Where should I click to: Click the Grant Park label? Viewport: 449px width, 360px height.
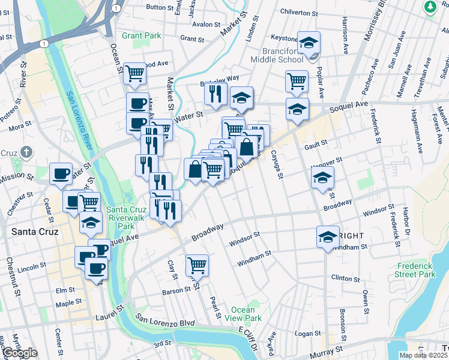tap(142, 35)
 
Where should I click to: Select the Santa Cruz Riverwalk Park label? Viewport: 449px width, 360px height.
tap(124, 218)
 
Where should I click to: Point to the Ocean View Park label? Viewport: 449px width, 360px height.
tap(246, 314)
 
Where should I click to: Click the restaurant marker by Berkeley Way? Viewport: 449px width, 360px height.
tap(214, 92)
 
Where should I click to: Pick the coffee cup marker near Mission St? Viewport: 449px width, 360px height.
tap(61, 173)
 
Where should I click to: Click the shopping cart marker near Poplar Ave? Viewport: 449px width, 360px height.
tap(297, 80)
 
